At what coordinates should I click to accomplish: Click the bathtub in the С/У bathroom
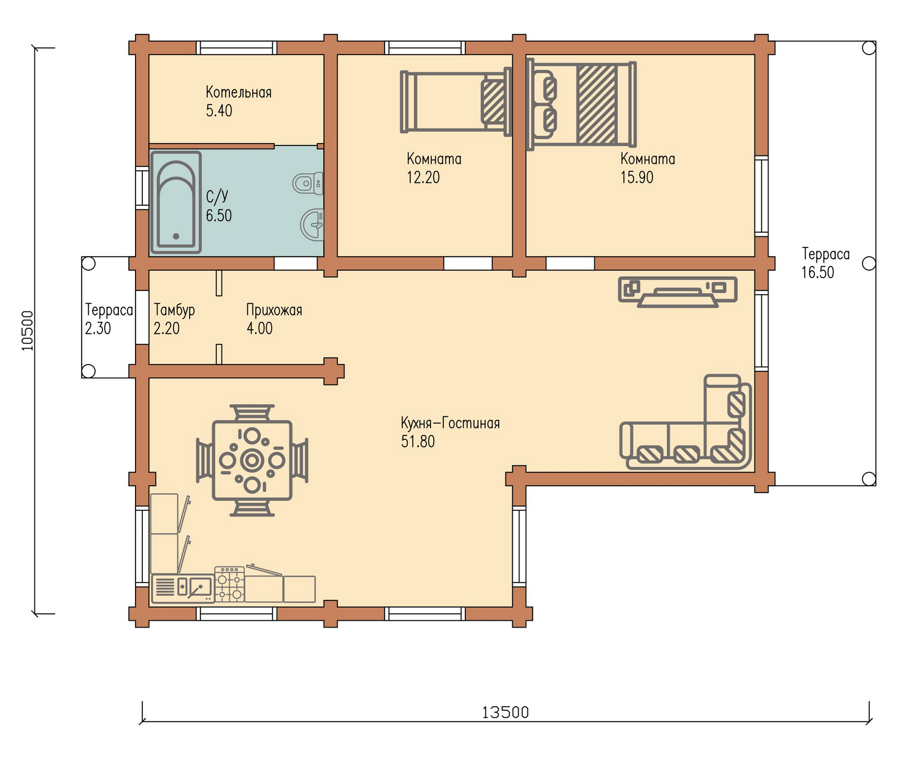point(176,203)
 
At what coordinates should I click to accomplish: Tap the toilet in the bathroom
point(308,184)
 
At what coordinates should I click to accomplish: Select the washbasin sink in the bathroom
point(312,225)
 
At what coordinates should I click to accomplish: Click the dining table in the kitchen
point(252,461)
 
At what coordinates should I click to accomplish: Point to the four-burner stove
point(229,584)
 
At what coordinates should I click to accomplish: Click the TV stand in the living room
point(678,292)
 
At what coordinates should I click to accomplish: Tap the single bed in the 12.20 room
point(456,101)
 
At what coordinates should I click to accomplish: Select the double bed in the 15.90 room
point(581,104)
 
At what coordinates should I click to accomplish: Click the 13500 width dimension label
point(505,713)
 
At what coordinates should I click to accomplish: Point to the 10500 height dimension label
point(28,330)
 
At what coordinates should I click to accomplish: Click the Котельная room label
point(239,92)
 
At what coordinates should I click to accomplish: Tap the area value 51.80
point(418,441)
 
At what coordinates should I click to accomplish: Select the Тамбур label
point(174,310)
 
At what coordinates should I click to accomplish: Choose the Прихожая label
point(274,310)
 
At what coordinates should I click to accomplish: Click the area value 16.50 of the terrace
point(818,272)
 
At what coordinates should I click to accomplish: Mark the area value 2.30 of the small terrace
point(98,329)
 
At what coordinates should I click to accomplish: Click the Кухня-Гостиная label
point(450,423)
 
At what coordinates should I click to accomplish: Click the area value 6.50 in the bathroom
point(218,216)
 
